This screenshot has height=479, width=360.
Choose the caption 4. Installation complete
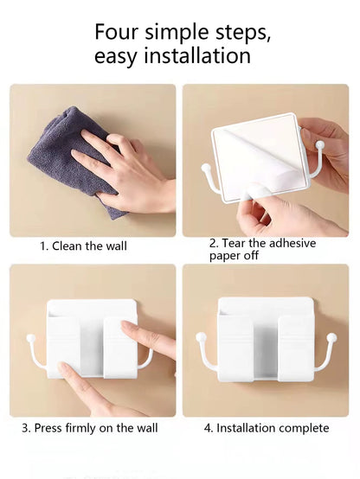pos(266,428)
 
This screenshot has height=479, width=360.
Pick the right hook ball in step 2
pos(319,144)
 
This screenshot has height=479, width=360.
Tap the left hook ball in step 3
pos(31,337)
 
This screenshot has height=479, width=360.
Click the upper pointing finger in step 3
pos(143,333)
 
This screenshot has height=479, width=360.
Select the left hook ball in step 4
pos(201,336)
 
